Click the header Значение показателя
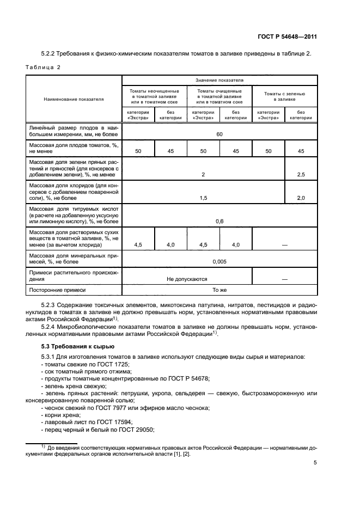pos(219,79)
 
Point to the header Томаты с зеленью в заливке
pos(284,96)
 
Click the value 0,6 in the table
pos(219,221)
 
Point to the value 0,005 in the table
pos(219,261)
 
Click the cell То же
pos(219,291)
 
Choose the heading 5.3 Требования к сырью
pos(78,346)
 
